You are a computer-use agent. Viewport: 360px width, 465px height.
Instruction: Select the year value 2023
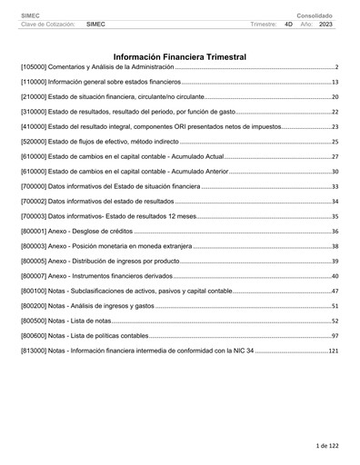click(x=325, y=25)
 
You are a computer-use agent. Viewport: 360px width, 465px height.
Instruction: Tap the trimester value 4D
click(x=288, y=25)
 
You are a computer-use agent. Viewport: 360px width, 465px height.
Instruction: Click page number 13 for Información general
click(x=335, y=82)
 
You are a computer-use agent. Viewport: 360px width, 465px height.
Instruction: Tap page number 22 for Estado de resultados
click(x=335, y=112)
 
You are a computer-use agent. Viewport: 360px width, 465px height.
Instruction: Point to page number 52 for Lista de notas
click(x=335, y=321)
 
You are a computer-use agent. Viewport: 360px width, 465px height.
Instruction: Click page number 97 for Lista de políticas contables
click(x=335, y=336)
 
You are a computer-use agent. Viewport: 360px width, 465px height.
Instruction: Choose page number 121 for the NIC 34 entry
click(x=333, y=351)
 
